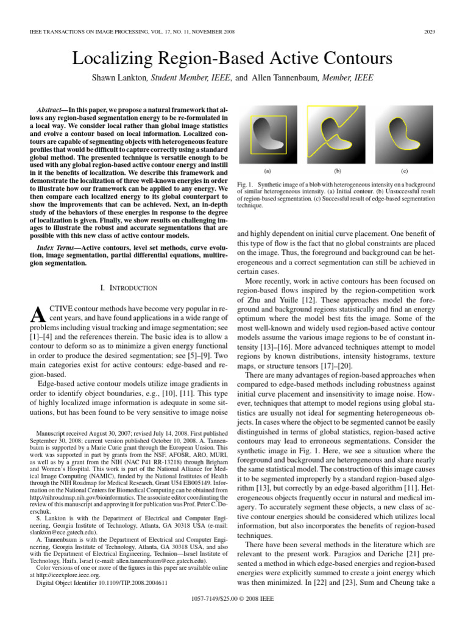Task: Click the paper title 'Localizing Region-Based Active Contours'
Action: (233, 59)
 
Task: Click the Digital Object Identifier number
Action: (133, 583)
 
